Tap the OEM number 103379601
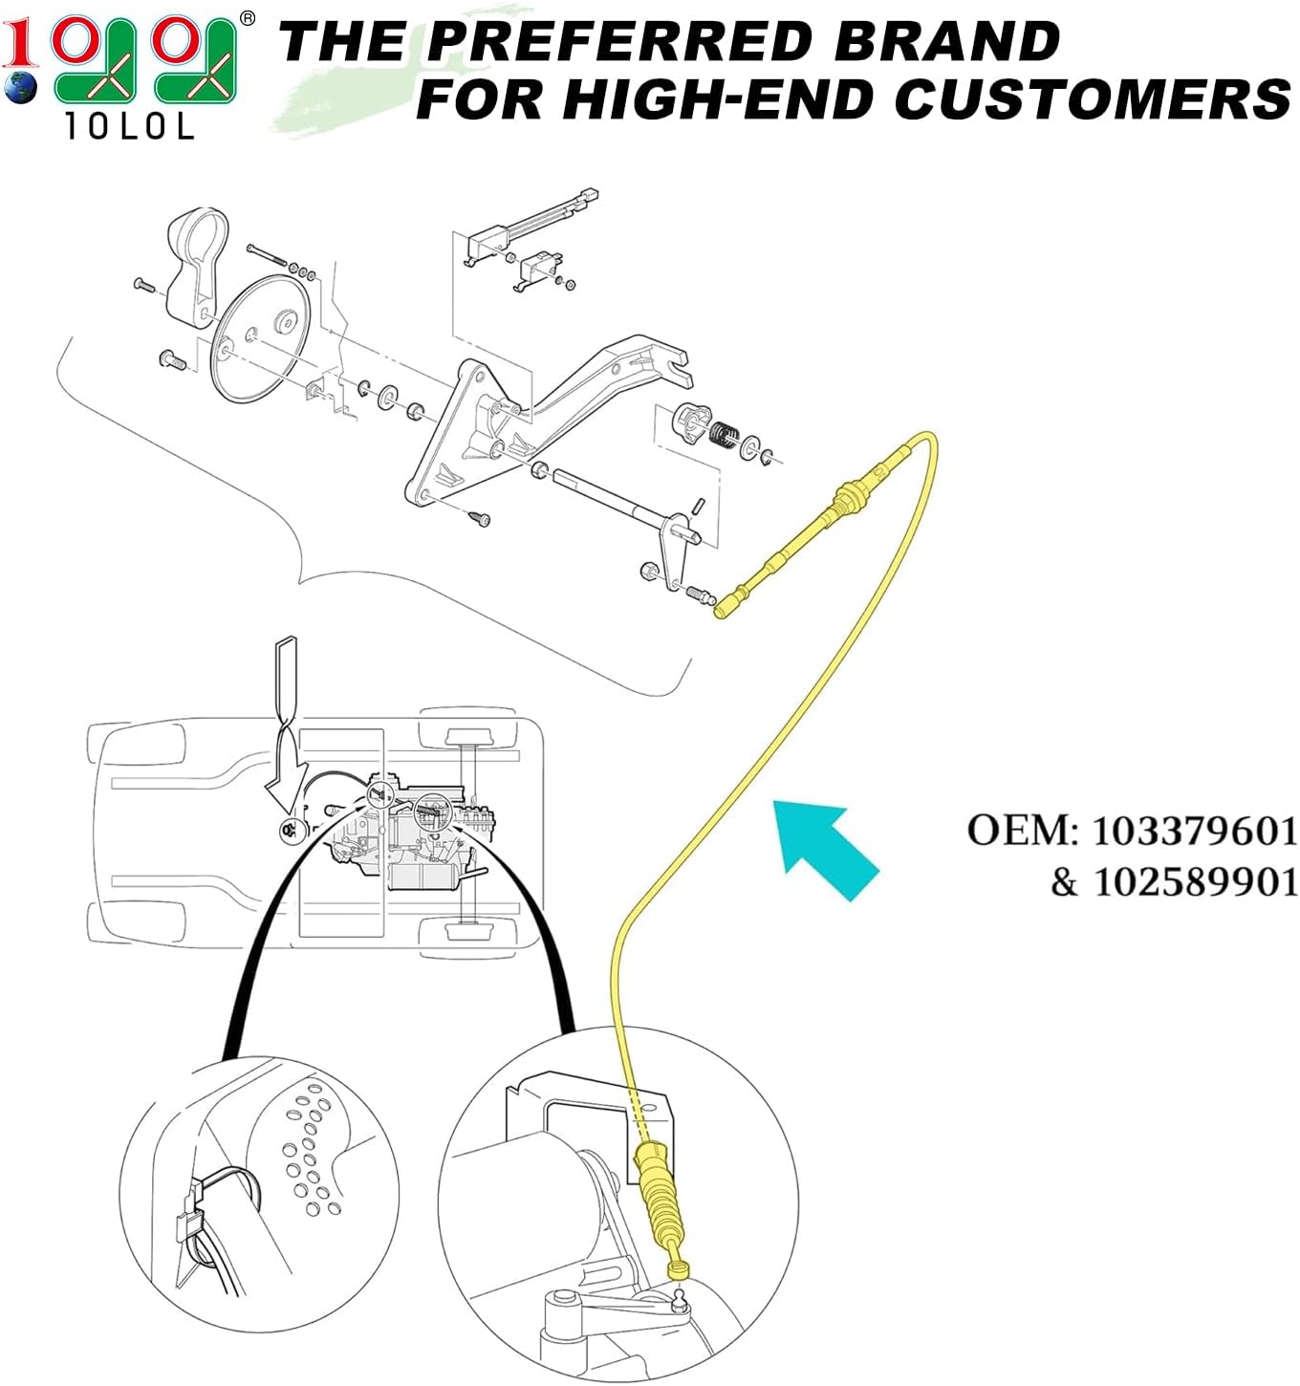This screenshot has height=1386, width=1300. click(x=1194, y=831)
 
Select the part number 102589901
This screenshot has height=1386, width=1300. click(x=1195, y=881)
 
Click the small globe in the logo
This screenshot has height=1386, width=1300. click(x=19, y=88)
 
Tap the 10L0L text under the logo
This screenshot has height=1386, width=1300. click(x=129, y=126)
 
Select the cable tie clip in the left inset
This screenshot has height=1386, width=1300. click(x=188, y=1219)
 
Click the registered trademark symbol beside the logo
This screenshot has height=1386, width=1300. click(x=248, y=18)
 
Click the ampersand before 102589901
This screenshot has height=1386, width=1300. click(x=1064, y=881)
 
